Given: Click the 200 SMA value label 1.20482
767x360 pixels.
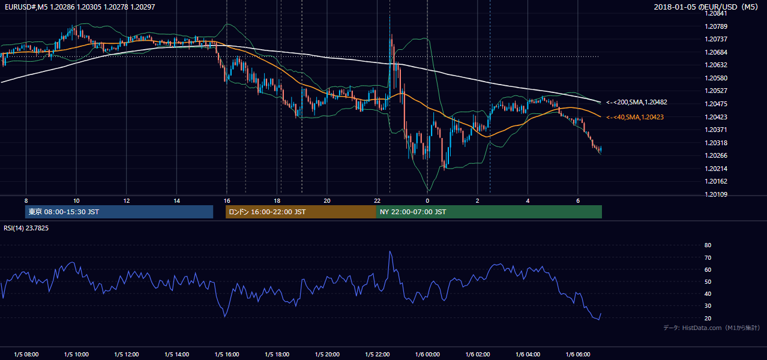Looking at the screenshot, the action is [637, 102].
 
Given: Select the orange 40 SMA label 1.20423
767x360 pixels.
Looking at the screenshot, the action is [635, 117].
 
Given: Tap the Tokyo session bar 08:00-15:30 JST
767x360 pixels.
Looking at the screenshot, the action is [119, 212].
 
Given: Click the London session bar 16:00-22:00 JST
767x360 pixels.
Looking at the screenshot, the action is [301, 212].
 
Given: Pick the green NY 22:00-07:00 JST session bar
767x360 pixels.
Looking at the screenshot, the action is [489, 212].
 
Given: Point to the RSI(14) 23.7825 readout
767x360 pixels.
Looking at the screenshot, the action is [26, 228].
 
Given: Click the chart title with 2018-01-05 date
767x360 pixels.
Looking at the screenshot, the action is [706, 7].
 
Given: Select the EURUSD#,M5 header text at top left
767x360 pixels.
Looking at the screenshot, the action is [79, 7].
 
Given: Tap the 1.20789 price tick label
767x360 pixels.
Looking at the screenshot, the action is [716, 26].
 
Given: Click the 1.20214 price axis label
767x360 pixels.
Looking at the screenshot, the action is [716, 169].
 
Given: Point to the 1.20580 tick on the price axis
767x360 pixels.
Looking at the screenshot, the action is [716, 78].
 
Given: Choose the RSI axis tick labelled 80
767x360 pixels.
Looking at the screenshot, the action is [708, 245].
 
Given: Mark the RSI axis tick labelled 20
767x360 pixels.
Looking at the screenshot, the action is [708, 318].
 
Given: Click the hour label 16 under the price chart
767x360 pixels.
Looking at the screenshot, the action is [227, 201].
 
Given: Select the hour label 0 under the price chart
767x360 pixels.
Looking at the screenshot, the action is [427, 201].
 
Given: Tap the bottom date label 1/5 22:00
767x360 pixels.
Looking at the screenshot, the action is [377, 354].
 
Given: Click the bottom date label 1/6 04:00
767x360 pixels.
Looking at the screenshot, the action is [528, 354].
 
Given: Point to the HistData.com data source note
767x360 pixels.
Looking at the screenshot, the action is [712, 328].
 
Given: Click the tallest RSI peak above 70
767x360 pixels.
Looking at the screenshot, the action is [390, 251].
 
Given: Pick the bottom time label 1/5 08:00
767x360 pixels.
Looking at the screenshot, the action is [26, 354].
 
